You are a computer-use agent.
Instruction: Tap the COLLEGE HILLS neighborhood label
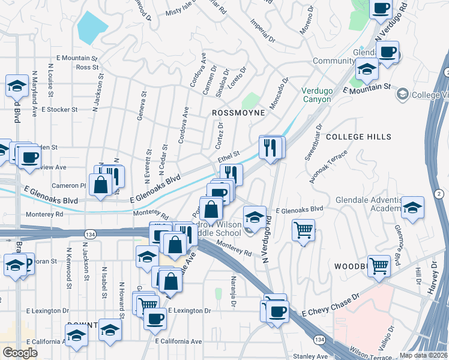point(358,137)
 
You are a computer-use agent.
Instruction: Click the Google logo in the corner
point(20,352)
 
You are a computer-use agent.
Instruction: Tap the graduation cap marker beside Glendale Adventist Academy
point(412,207)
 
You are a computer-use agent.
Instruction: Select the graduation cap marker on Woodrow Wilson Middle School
point(255,217)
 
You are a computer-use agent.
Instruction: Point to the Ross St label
point(87,67)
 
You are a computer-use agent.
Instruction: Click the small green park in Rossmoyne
point(251,101)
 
